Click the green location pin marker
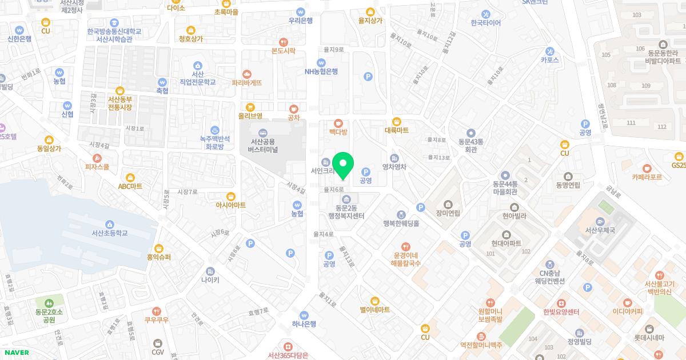point(343,165)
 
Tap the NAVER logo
point(15,353)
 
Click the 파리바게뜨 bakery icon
point(247,74)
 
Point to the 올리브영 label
point(250,116)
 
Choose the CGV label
point(158,352)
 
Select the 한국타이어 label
point(485,23)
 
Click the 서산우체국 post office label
point(599,230)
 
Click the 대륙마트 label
point(397,130)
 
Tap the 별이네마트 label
point(374,310)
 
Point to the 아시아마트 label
point(231,205)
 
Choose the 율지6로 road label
point(333,189)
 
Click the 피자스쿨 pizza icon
point(97,158)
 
